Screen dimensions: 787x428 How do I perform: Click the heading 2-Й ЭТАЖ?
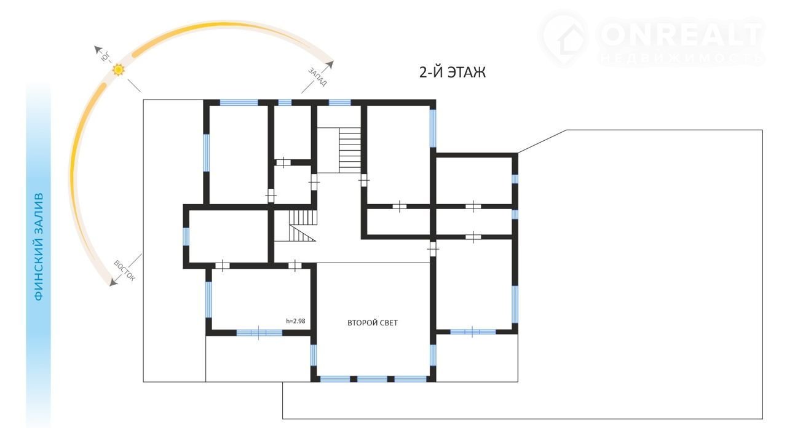453,73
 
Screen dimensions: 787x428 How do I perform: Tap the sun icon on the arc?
119,69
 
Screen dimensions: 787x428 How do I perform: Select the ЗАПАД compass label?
318,77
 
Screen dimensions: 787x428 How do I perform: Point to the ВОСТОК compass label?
124,271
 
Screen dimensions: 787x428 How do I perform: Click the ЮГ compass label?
105,57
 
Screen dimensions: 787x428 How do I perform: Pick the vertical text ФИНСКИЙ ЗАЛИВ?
39,247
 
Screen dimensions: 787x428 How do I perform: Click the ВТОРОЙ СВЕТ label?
373,323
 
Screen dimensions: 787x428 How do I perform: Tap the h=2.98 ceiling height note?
296,321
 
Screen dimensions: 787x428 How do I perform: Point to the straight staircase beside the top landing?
350,150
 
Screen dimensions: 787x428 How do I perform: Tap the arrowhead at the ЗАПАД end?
330,65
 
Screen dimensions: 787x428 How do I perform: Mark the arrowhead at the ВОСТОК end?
113,282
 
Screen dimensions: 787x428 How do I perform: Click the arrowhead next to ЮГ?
97,50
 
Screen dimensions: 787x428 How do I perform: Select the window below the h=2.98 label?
259,333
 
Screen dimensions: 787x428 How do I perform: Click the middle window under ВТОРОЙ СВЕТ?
372,379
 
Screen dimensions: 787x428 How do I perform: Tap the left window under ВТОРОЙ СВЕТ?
335,379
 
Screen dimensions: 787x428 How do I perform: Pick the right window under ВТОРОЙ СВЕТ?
410,379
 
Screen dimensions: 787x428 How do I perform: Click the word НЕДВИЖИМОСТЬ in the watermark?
682,58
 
